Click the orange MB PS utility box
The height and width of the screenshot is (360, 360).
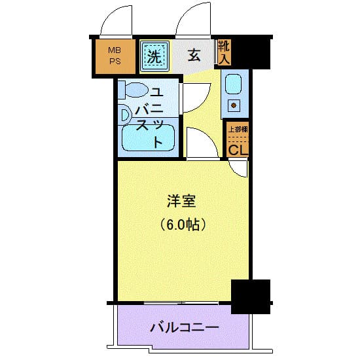tap(114, 56)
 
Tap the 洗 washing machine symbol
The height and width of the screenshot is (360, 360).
tap(154, 56)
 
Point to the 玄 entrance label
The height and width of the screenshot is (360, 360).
tap(194, 56)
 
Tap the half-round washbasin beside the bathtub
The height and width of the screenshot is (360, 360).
tap(125, 115)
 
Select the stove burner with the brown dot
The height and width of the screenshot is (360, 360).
tap(234, 105)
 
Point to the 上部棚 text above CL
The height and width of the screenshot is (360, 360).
tap(237, 129)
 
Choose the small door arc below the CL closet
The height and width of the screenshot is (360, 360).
tap(240, 168)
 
